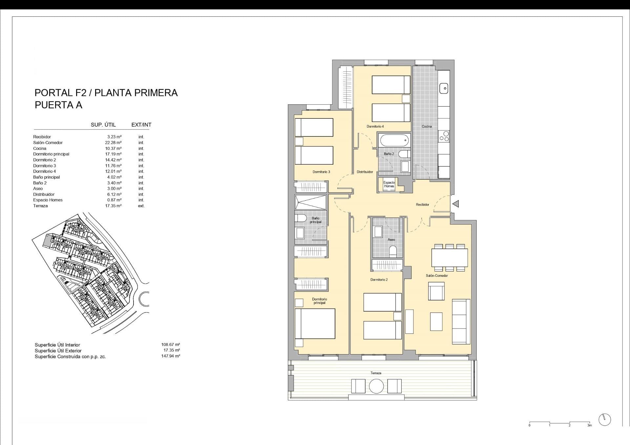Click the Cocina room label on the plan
(427, 126)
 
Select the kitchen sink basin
(444, 88)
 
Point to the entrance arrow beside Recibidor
(455, 204)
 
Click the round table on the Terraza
(376, 386)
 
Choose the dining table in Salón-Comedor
(450, 258)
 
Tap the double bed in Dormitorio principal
(315, 324)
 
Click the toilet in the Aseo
(393, 251)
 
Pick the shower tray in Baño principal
(311, 202)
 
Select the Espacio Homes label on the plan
(389, 184)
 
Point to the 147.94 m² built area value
(171, 356)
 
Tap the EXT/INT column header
(141, 125)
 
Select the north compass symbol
(605, 419)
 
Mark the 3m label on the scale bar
(590, 425)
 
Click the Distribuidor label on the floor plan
(365, 172)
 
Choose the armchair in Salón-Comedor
(436, 292)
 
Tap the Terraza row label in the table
(40, 206)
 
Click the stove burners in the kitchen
(444, 136)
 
